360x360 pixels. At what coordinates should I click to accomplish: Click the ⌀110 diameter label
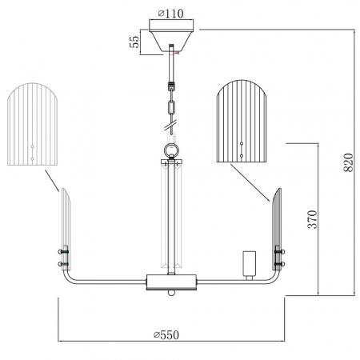tap(171, 14)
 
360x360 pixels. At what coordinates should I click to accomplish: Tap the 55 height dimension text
tap(134, 42)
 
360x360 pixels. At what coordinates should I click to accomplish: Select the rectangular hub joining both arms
tap(171, 282)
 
